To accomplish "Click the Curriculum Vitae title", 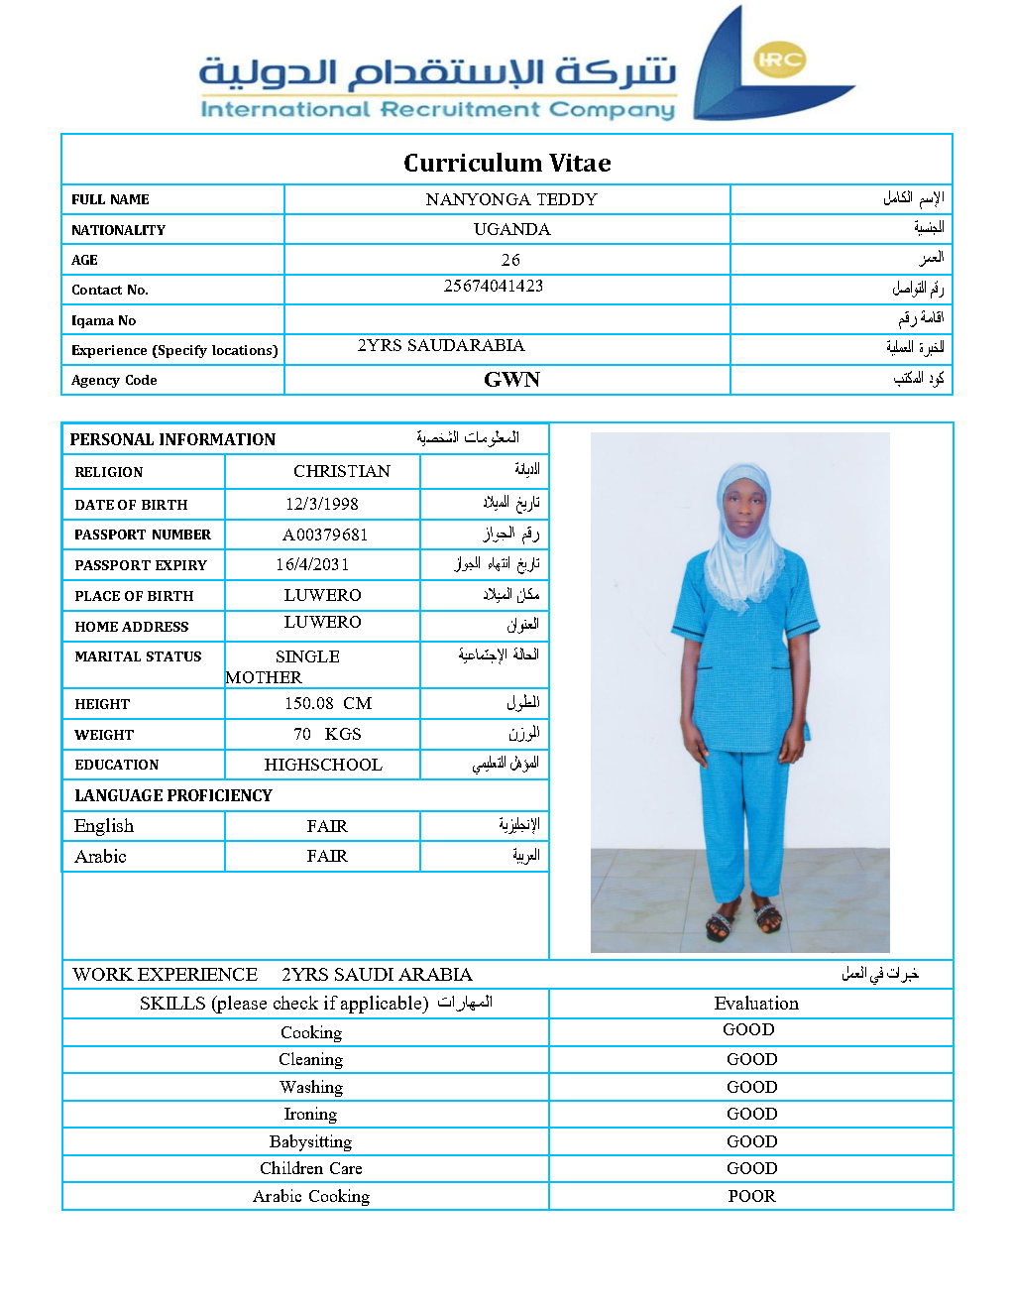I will click(506, 163).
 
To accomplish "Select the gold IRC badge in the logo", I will click(780, 59).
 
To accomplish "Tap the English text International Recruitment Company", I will click(437, 109).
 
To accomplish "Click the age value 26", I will click(510, 260).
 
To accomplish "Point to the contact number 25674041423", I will click(494, 286).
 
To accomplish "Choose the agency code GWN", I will click(511, 380).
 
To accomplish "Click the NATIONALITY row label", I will click(118, 230).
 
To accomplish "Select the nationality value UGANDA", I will click(511, 229).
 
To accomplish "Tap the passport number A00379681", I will click(325, 535).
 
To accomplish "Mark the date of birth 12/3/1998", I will click(322, 504).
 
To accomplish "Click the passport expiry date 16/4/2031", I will click(312, 564).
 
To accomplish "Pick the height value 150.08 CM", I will click(328, 703).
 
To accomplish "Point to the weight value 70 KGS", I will click(327, 734).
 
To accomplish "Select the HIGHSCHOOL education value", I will click(323, 765).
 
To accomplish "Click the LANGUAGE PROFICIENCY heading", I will click(173, 795).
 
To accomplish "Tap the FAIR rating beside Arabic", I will click(327, 856).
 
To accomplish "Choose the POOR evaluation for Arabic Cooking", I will click(751, 1196).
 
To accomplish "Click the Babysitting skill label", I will click(310, 1141).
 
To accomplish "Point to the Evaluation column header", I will click(756, 1004).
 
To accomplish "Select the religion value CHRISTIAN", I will click(342, 471).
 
